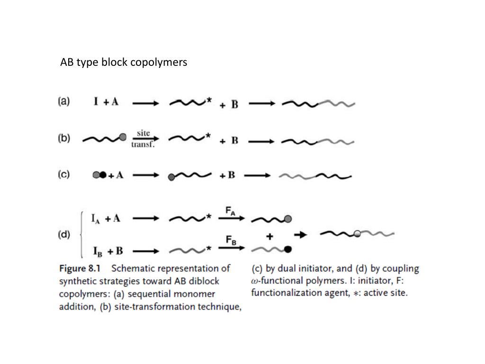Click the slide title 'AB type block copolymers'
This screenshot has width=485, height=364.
click(124, 62)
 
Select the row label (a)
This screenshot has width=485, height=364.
click(64, 101)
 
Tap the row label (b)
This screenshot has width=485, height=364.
click(64, 139)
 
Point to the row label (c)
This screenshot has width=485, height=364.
click(64, 174)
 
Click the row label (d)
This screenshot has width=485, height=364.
click(64, 235)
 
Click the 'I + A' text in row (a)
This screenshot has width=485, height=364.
click(106, 102)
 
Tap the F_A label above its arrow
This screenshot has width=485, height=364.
click(230, 211)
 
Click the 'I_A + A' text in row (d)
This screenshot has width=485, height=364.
click(107, 218)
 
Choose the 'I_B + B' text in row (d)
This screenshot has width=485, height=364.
click(107, 250)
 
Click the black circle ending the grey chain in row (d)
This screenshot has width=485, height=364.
click(288, 249)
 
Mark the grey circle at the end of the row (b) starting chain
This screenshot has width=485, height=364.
click(123, 137)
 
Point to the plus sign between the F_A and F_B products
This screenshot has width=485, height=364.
click(269, 236)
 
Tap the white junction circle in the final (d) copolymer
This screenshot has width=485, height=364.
click(358, 233)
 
